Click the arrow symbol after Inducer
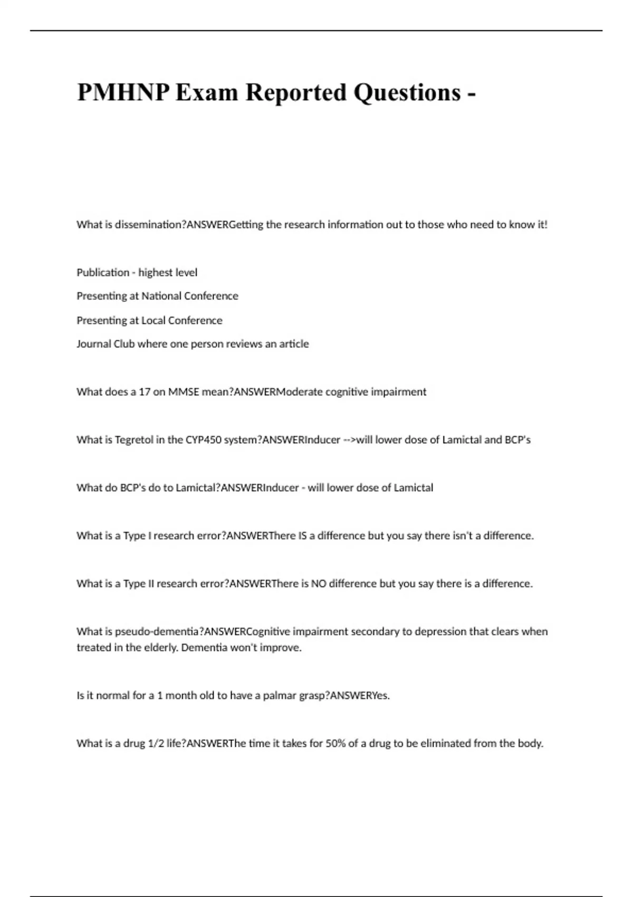click(x=349, y=440)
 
